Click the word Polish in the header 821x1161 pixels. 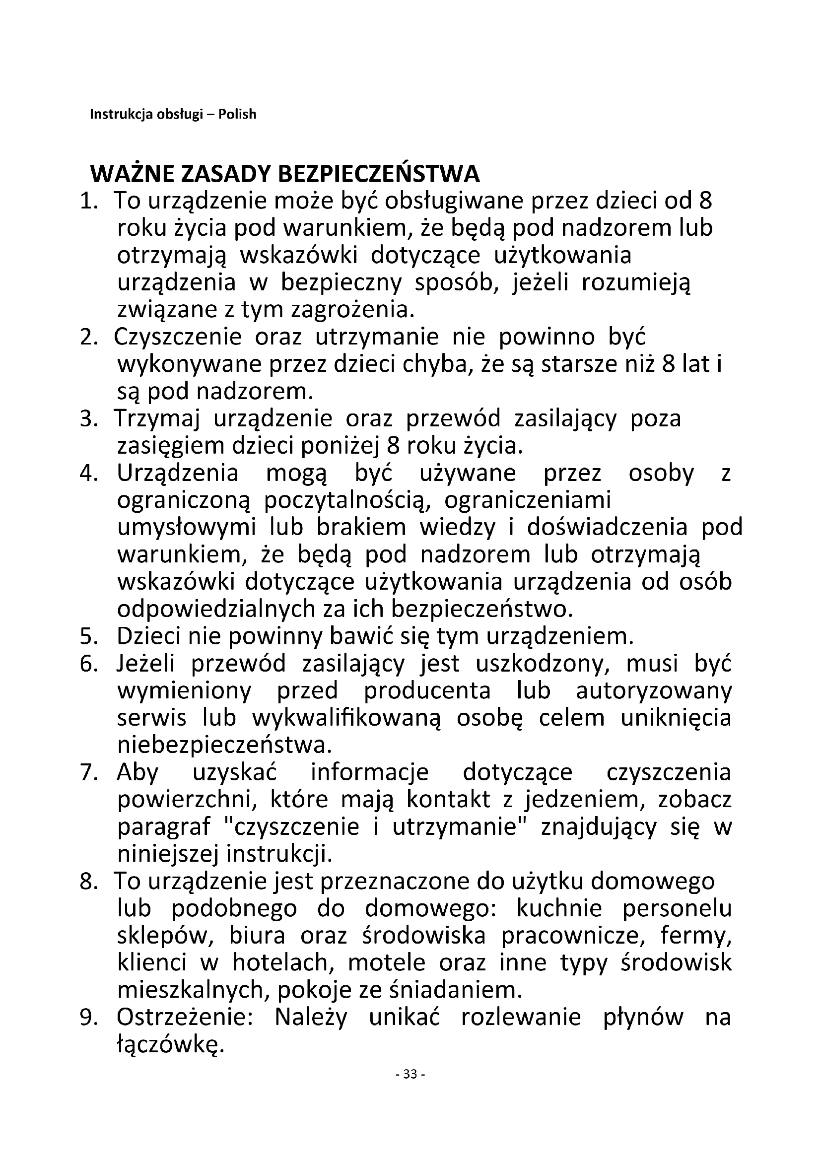click(237, 114)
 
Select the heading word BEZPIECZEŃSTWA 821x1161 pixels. click(379, 174)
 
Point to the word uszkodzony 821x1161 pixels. click(540, 664)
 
